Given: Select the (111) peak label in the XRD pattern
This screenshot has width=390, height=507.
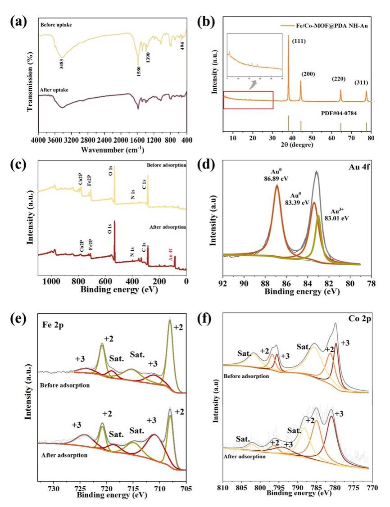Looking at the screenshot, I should pos(299,41).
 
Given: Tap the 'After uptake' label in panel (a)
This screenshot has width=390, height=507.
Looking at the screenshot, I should pos(54,90).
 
